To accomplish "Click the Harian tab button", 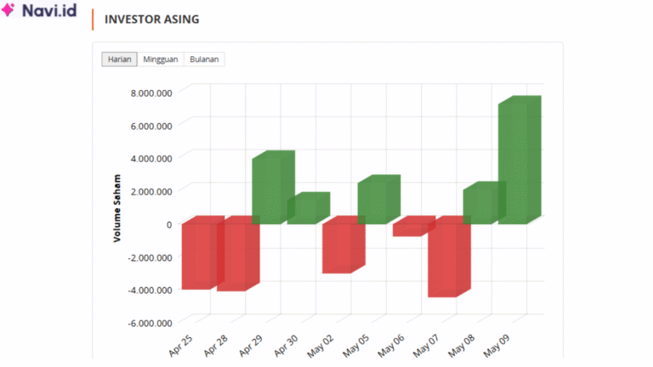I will point(119,59).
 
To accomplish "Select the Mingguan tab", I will point(161,59).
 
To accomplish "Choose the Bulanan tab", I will point(204,59).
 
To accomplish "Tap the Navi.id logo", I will point(40,13).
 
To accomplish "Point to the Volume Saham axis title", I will point(117,208).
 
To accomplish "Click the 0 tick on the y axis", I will point(168,224).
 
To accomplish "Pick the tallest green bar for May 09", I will point(516,161).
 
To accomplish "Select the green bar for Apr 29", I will point(270,189).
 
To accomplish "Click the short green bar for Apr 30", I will point(304,210).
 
